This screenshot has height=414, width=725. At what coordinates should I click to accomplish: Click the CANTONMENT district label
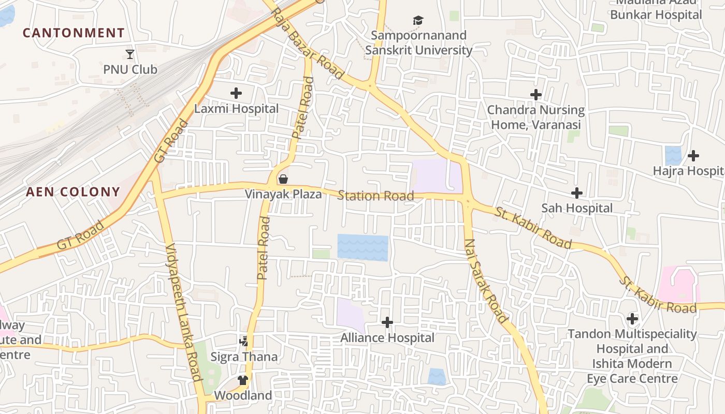pos(74,33)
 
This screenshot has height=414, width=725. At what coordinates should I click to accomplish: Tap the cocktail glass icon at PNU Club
pos(130,54)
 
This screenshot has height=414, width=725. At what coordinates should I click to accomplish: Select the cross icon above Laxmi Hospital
pos(236,93)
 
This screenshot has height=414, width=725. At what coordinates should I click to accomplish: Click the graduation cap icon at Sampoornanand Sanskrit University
pos(418,20)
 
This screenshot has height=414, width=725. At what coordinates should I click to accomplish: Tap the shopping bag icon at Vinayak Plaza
pos(283,179)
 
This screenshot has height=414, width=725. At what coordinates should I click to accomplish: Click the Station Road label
pos(375,196)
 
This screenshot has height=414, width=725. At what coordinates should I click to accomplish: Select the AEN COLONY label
pos(73,192)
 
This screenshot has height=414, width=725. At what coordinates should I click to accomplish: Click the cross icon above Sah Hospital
pos(577,193)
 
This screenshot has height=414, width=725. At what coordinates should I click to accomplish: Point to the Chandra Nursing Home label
pos(536,117)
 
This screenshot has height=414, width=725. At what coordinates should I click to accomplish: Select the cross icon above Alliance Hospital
pos(387,322)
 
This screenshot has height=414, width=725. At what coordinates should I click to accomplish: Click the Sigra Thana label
pos(244,357)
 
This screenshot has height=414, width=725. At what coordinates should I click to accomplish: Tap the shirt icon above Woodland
pos(243,380)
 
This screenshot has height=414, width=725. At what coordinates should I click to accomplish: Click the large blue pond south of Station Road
pos(363,247)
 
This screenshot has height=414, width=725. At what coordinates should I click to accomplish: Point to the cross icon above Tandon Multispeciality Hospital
pos(632,318)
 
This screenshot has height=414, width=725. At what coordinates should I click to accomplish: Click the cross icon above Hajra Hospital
pos(693,155)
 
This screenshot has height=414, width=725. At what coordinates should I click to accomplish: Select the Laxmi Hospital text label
pos(236,109)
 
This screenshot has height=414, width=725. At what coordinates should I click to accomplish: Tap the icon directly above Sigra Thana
pos(244,342)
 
